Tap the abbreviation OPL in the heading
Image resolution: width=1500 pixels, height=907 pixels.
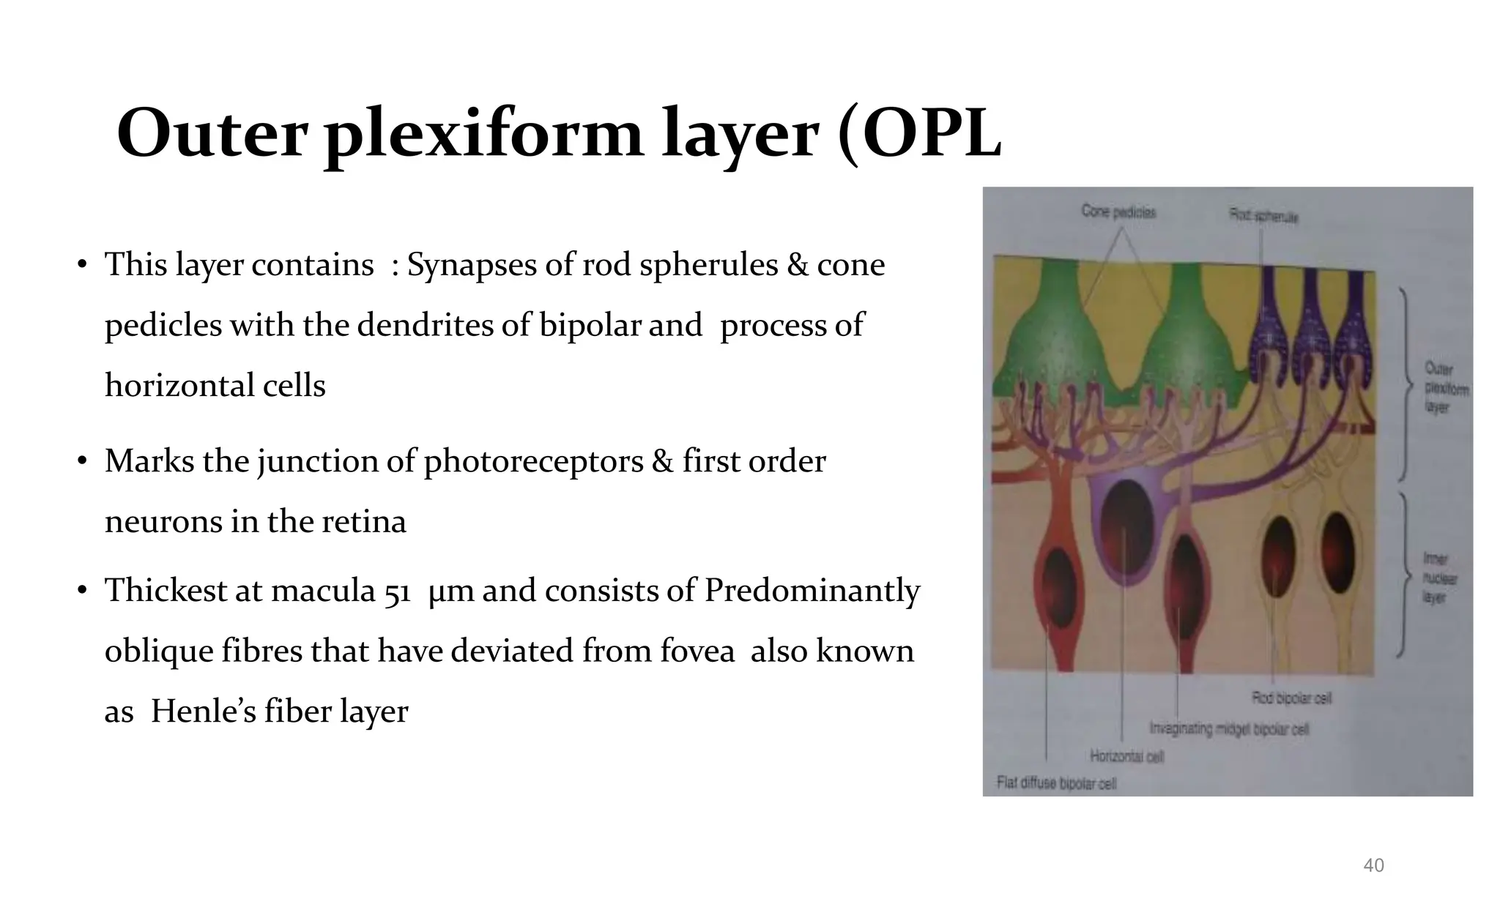(930, 134)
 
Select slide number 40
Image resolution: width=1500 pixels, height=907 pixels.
(1373, 865)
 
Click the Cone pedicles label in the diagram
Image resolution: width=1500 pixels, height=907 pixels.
(1118, 212)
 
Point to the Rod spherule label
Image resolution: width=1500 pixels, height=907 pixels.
(1263, 216)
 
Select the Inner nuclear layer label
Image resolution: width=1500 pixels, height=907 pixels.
(1439, 578)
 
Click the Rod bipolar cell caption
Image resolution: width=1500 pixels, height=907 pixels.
(1291, 698)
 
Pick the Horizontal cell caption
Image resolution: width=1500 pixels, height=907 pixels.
(1126, 755)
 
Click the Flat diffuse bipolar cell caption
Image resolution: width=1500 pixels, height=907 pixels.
(1056, 783)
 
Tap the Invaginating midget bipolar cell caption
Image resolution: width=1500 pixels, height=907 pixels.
(1228, 728)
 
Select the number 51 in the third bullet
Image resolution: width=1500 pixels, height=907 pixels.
(398, 591)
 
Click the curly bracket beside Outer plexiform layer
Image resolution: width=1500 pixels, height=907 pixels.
(1404, 384)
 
